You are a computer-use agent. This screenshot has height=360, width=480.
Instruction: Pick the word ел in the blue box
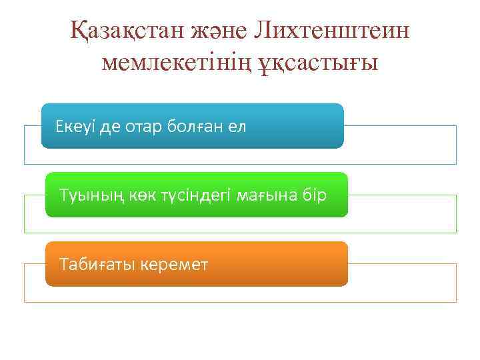(x=238, y=127)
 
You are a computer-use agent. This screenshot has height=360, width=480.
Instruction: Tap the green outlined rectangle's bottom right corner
(x=456, y=233)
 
